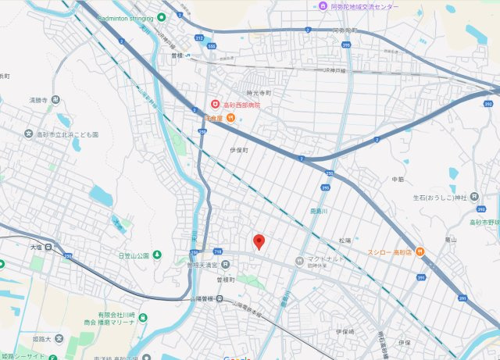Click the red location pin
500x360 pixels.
tap(260, 241)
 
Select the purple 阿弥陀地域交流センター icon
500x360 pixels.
tap(323, 6)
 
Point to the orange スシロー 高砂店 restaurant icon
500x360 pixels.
tap(420, 251)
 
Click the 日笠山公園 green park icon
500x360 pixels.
tap(157, 255)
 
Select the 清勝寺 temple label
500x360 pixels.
tap(39, 100)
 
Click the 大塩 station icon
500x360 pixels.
tap(48, 248)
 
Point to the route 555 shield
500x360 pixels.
tap(212, 47)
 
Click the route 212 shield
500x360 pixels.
tap(199, 37)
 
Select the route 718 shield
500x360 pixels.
tap(217, 251)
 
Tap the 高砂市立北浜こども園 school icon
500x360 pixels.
tap(28, 134)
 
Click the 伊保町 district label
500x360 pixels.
tap(238, 149)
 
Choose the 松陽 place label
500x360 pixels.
tap(345, 241)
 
